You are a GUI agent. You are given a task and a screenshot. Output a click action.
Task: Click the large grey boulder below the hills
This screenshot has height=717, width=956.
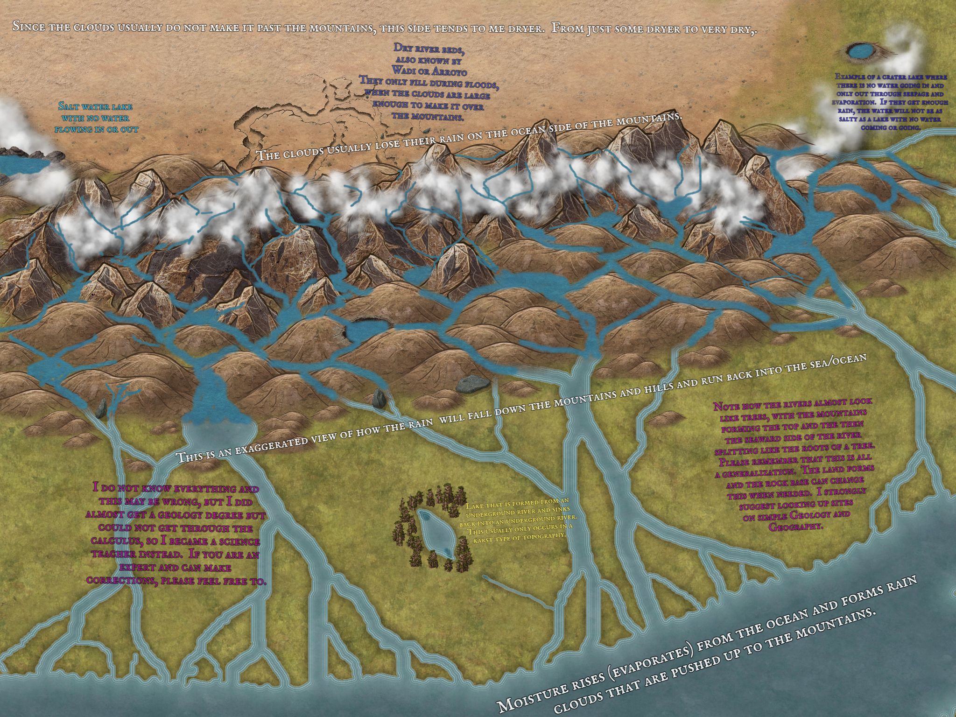[x=472, y=384]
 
